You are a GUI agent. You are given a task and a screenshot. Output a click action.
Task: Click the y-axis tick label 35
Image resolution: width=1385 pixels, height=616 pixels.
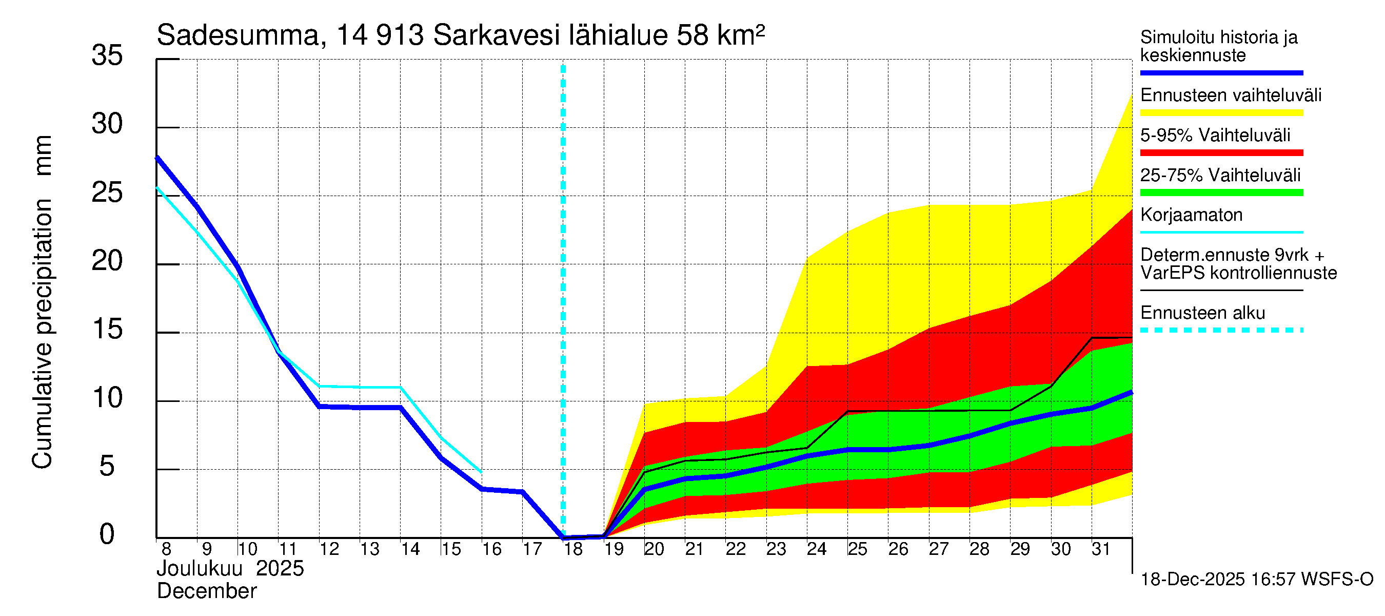pos(107,55)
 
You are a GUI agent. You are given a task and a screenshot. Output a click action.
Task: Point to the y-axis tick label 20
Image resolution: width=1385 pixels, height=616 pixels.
pos(107,261)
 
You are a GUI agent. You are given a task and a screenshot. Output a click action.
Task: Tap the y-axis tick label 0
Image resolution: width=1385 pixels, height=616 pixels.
pos(107,534)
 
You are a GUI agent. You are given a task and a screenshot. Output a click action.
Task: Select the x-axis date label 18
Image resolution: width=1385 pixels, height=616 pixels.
pos(573,549)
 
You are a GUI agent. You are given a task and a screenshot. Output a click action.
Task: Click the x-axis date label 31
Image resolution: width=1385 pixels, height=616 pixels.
pos(1101,549)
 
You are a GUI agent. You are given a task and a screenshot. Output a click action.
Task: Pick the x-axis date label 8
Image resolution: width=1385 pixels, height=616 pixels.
pos(166,549)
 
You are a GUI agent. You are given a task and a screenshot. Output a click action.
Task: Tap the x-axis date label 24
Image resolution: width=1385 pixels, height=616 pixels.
pos(817,549)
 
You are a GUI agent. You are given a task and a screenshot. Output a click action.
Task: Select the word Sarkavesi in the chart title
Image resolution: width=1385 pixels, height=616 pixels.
pos(496,36)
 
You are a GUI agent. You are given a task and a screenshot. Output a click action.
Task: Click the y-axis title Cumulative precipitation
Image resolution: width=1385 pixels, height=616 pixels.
pos(42,334)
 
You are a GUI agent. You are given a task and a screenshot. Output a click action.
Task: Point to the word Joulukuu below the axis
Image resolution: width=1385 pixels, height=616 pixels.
pos(200,569)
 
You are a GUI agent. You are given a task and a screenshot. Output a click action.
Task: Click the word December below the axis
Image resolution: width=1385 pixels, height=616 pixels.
pos(206,591)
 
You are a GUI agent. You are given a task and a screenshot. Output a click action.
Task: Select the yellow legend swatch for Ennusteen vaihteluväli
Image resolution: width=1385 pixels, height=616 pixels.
pos(1221,113)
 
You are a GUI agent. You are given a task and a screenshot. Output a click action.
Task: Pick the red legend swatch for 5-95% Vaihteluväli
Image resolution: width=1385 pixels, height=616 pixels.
pos(1221,153)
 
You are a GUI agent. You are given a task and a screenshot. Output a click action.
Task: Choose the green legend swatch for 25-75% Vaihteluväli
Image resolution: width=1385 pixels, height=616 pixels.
pos(1221,192)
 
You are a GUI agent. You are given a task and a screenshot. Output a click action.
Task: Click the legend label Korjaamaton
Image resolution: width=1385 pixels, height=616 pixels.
pos(1192,215)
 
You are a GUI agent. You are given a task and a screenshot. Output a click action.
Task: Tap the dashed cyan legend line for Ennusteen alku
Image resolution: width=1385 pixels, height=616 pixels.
pos(1221,330)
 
